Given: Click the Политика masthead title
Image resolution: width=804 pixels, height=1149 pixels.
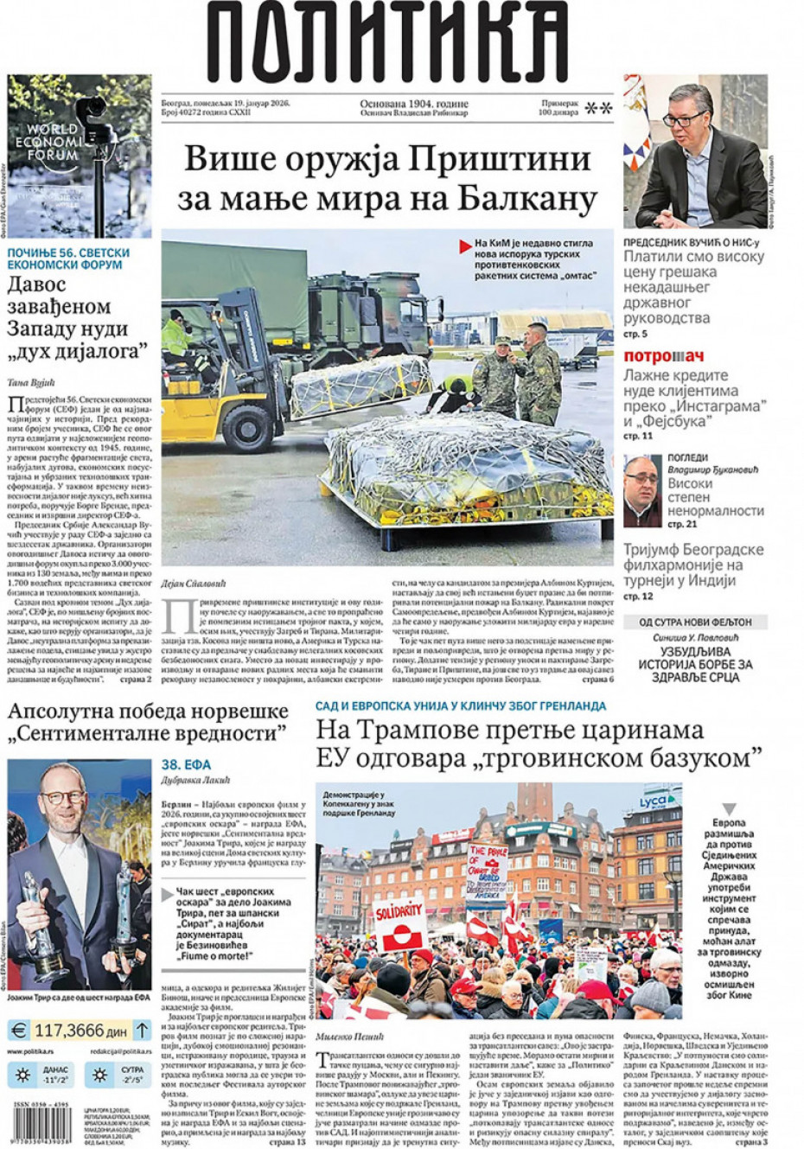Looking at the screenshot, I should tap(386, 43).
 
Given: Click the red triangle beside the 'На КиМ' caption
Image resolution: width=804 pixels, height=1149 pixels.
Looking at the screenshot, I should tap(466, 246).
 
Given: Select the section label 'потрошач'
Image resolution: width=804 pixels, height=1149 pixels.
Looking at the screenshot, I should tap(663, 356).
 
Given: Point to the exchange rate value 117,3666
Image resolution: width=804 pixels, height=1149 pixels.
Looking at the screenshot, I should tap(80, 1030).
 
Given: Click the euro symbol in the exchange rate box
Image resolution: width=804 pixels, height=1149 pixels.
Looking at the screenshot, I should tap(19, 1030).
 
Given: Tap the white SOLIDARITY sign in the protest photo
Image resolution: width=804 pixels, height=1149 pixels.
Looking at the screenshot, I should tap(399, 910).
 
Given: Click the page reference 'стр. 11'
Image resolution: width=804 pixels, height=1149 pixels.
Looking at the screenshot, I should tap(638, 437).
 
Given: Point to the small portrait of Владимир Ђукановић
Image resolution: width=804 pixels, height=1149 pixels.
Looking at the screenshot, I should tap(642, 490).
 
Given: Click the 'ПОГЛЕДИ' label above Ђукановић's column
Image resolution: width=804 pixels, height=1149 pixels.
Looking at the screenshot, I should tap(688, 457).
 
